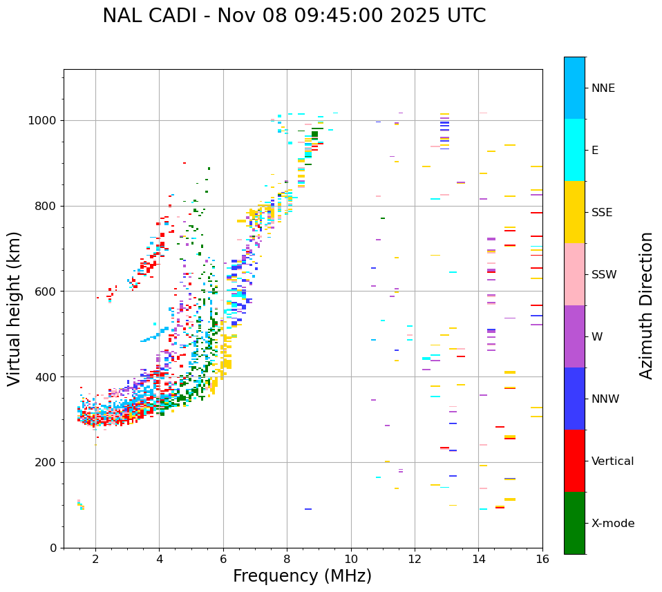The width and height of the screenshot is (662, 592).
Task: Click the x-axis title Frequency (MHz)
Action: point(302,576)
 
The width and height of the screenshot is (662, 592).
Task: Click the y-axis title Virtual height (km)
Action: point(15,309)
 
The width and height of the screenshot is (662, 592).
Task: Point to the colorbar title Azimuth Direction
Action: point(646,305)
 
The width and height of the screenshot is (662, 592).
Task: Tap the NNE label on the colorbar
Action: point(603,88)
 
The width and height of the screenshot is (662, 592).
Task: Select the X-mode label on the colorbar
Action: point(612,524)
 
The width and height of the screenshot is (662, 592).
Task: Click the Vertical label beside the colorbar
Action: point(612,461)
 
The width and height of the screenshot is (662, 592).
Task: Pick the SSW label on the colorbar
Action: point(604,275)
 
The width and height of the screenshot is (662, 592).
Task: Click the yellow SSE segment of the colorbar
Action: point(574,212)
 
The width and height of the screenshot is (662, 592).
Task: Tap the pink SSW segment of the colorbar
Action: point(574,274)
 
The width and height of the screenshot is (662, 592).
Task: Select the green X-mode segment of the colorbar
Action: point(574,523)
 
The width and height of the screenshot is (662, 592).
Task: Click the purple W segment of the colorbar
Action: point(574,336)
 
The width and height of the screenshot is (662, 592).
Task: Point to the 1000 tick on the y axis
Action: point(44,120)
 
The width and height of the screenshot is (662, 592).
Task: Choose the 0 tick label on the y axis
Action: point(53,548)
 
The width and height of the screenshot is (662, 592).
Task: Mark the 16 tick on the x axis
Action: point(542,559)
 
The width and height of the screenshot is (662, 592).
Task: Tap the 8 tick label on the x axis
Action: point(287,559)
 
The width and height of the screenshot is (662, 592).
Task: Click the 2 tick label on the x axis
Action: point(95,559)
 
